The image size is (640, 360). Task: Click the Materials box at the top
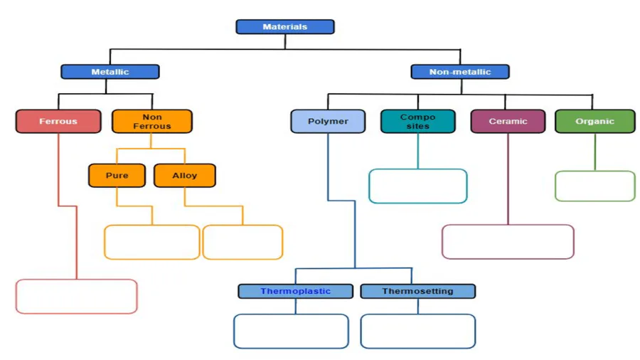[x=285, y=27]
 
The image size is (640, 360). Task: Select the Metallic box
[x=110, y=72]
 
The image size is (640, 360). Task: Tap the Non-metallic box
[x=460, y=72]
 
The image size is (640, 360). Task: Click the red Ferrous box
[x=58, y=121]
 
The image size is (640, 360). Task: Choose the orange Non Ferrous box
[x=152, y=121]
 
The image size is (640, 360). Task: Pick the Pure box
[x=117, y=176]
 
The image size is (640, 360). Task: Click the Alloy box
[x=184, y=176]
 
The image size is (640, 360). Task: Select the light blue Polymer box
[x=328, y=121]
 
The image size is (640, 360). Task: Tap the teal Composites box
[x=417, y=121]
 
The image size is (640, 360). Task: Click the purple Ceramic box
[x=508, y=121]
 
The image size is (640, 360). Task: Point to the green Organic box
[x=595, y=121]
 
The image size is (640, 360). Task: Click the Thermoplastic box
[x=296, y=292]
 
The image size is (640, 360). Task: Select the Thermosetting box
[x=418, y=292]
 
